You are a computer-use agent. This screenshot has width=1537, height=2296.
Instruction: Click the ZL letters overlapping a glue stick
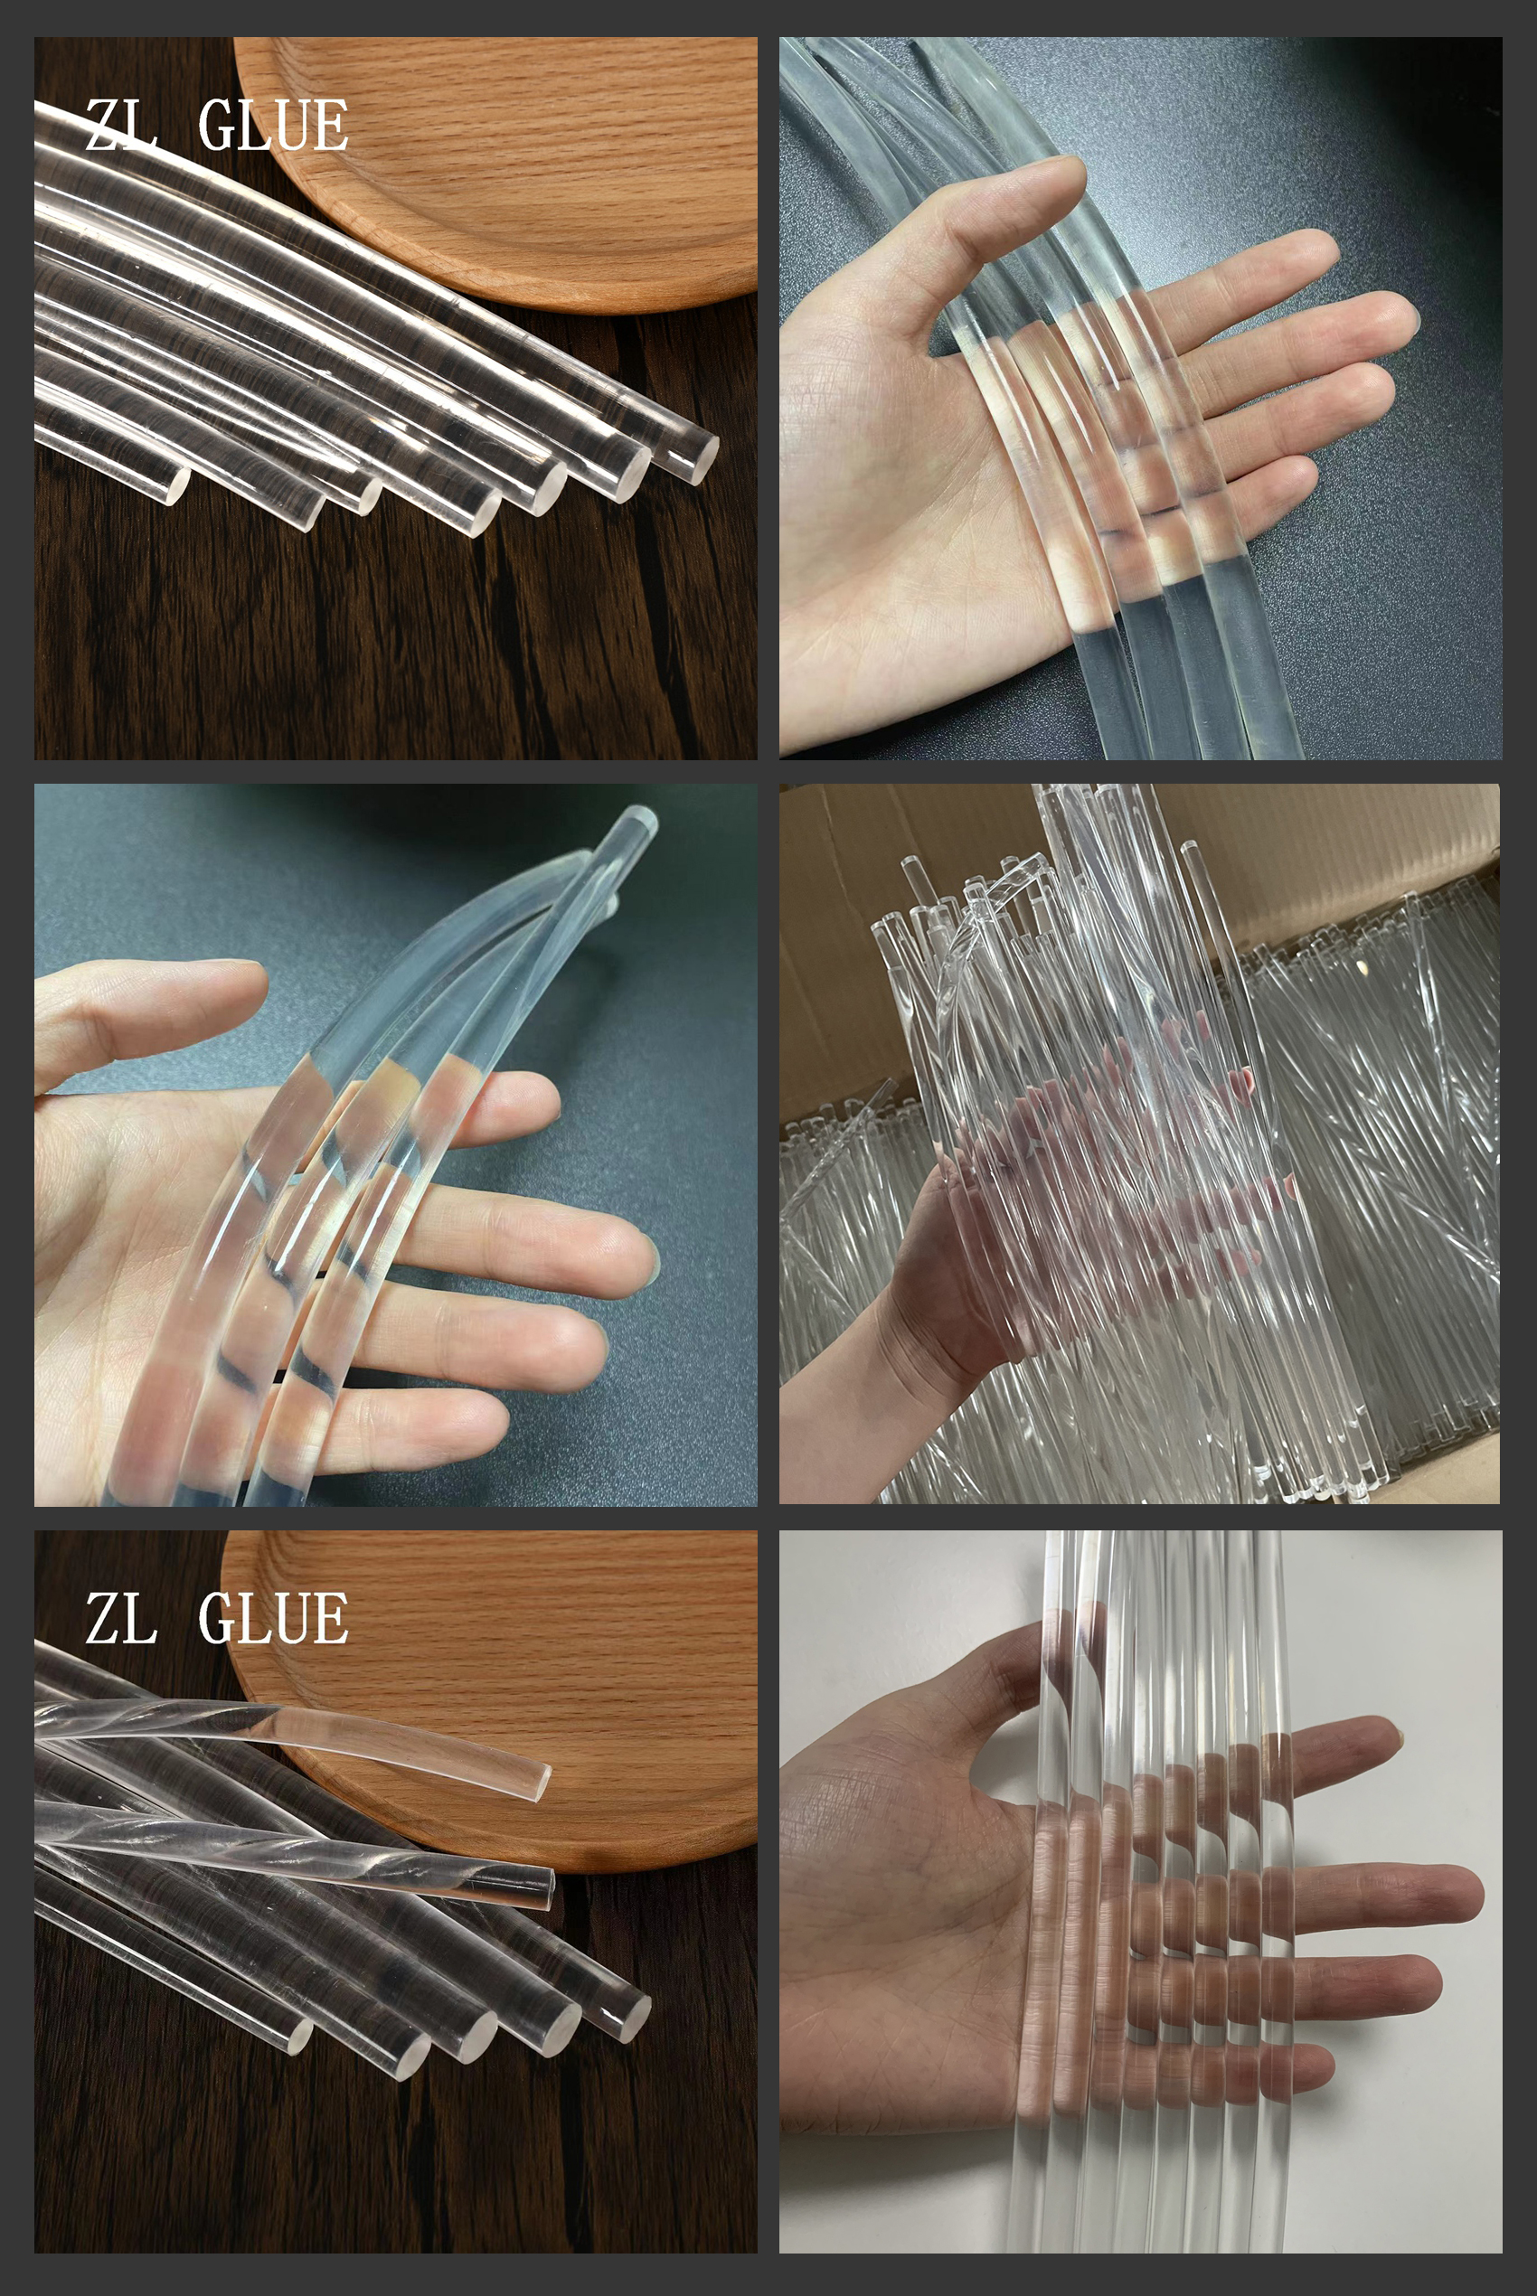point(120,126)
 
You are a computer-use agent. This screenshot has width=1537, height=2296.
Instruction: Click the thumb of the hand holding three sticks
point(147,1010)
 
